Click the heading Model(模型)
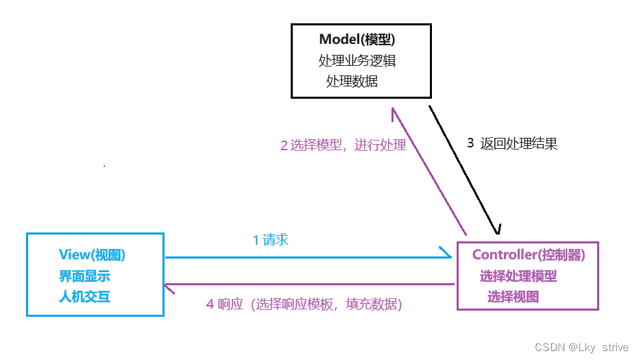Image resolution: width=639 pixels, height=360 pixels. click(356, 39)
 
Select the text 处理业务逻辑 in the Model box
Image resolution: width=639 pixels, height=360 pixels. click(357, 60)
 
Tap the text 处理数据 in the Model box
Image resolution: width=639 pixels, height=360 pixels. click(352, 81)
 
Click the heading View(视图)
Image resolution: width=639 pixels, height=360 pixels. click(93, 255)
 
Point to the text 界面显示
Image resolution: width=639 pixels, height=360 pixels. click(84, 276)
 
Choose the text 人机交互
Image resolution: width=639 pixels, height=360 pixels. click(84, 297)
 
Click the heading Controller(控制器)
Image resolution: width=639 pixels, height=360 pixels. click(528, 255)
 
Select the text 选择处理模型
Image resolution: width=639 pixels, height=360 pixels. click(518, 276)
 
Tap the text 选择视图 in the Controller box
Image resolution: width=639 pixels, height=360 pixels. click(513, 297)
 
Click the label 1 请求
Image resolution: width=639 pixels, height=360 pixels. click(270, 240)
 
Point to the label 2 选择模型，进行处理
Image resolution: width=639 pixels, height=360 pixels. click(343, 145)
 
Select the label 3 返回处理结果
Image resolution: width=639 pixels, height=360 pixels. click(512, 143)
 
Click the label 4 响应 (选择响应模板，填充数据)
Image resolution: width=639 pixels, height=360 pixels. click(304, 304)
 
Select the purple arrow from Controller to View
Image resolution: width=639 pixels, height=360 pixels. click(309, 284)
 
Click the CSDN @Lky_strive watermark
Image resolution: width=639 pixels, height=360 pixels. click(581, 348)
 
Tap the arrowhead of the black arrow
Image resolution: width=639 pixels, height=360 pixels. click(497, 230)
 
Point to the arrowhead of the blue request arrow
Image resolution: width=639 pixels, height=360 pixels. click(447, 258)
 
